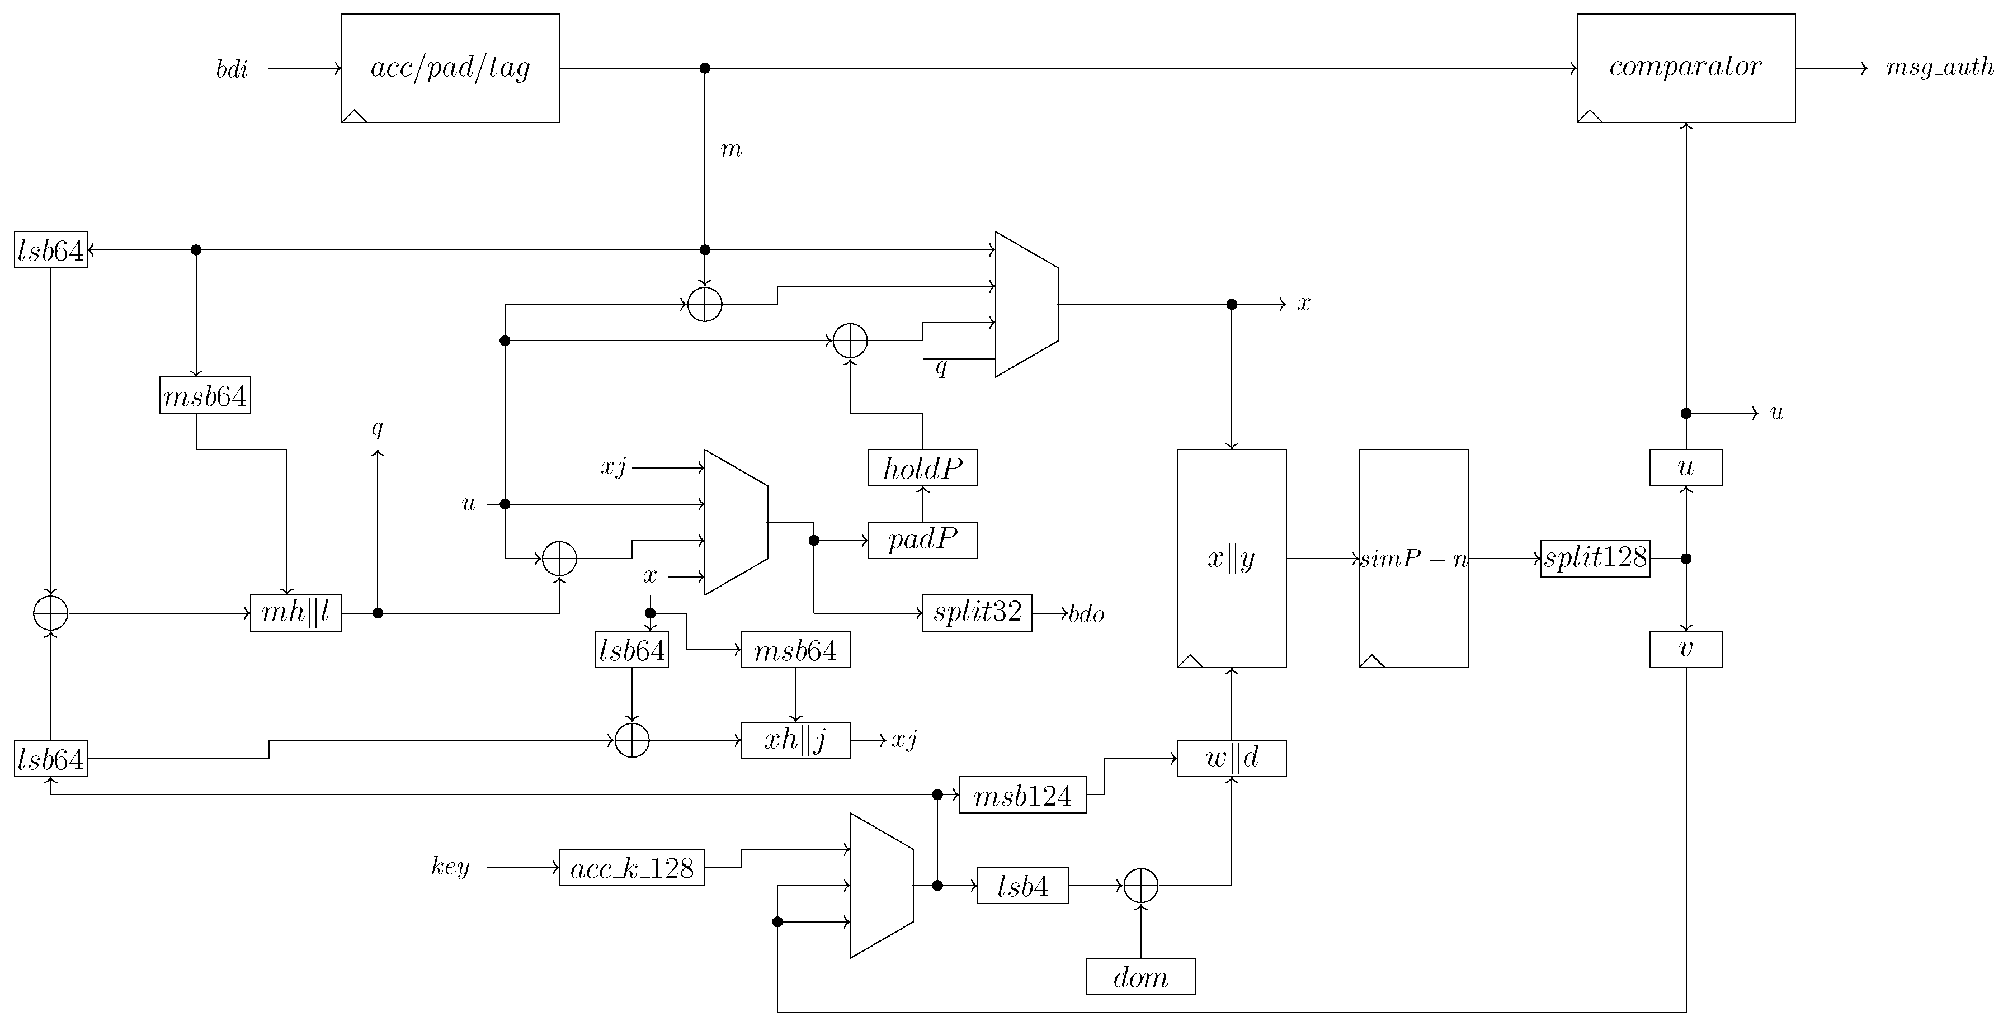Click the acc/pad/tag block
tap(450, 68)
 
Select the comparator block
tap(1685, 68)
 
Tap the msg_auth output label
tap(1939, 68)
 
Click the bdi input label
tap(232, 70)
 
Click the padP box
tap(922, 540)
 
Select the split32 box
tap(977, 613)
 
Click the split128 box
tap(1595, 558)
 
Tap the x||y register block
tap(1231, 558)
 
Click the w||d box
tap(1231, 758)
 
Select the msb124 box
tap(1022, 795)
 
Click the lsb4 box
tap(1022, 885)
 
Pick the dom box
tap(1140, 976)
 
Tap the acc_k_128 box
tap(631, 867)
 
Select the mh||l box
tap(295, 613)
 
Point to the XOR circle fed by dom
tap(1140, 885)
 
